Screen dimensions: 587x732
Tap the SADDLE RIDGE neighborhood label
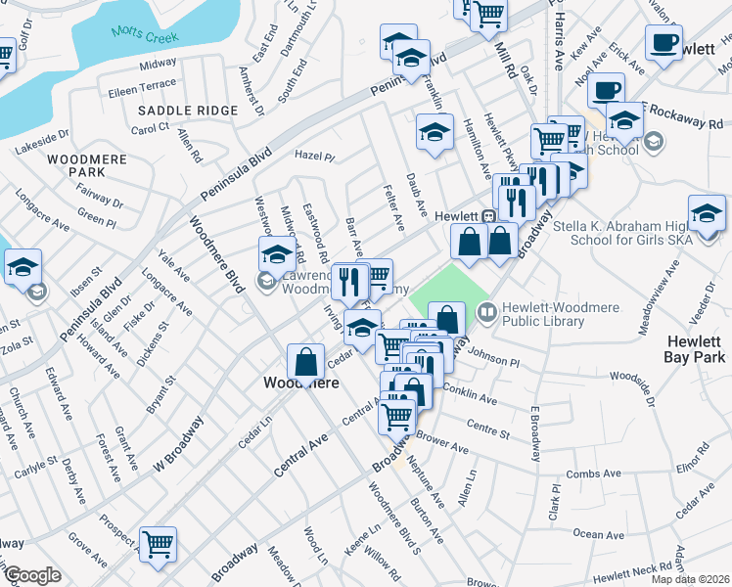pyautogui.click(x=187, y=111)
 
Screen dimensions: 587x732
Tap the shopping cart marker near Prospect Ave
pyautogui.click(x=158, y=544)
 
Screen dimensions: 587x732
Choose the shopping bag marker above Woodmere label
pyautogui.click(x=306, y=360)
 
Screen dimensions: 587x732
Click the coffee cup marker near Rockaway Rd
pyautogui.click(x=607, y=91)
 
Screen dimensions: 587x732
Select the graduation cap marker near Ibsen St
pyautogui.click(x=23, y=265)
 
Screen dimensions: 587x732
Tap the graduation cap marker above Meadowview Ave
pyautogui.click(x=707, y=212)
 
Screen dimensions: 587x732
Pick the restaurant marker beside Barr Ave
pyautogui.click(x=349, y=281)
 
